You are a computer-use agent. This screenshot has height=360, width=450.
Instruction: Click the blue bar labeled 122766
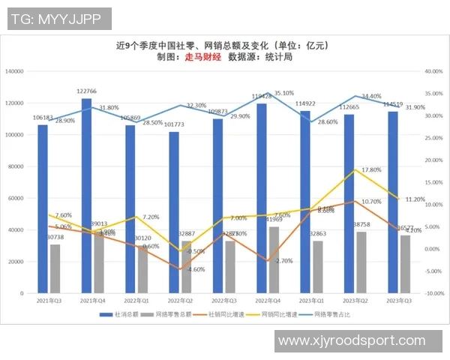(86, 195)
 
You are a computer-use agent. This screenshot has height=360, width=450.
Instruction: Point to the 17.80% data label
(370, 170)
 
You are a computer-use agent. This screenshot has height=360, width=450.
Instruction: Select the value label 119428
(261, 97)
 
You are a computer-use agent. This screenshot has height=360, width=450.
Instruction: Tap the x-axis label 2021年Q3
(49, 301)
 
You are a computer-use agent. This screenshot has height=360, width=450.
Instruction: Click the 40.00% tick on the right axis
(434, 72)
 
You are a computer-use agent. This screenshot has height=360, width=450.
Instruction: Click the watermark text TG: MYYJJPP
(58, 19)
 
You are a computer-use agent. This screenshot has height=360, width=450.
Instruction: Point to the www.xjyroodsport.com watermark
(351, 340)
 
